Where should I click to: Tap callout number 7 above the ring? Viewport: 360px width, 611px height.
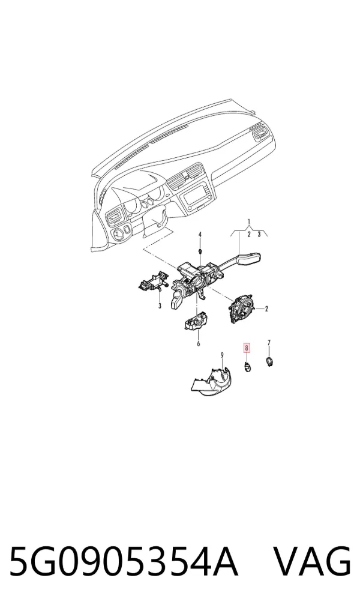(x=269, y=343)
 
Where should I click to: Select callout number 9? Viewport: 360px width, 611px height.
(x=222, y=355)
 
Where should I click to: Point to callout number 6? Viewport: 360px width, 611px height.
(x=199, y=344)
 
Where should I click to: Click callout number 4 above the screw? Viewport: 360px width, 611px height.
(x=200, y=235)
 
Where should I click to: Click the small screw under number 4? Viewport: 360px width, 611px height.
(x=200, y=251)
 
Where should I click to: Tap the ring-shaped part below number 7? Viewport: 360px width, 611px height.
(x=269, y=362)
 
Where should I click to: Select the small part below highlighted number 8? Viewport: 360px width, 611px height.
(x=247, y=366)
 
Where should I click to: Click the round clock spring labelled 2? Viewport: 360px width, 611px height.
(x=241, y=309)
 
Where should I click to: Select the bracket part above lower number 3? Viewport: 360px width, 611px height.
(x=153, y=281)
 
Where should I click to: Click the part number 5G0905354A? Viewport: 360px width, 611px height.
(x=123, y=562)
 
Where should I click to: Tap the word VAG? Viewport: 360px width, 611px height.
(x=311, y=562)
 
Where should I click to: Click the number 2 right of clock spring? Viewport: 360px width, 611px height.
(x=266, y=309)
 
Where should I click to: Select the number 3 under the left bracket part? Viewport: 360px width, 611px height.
(x=160, y=306)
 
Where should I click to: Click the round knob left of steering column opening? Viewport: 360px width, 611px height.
(x=117, y=234)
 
